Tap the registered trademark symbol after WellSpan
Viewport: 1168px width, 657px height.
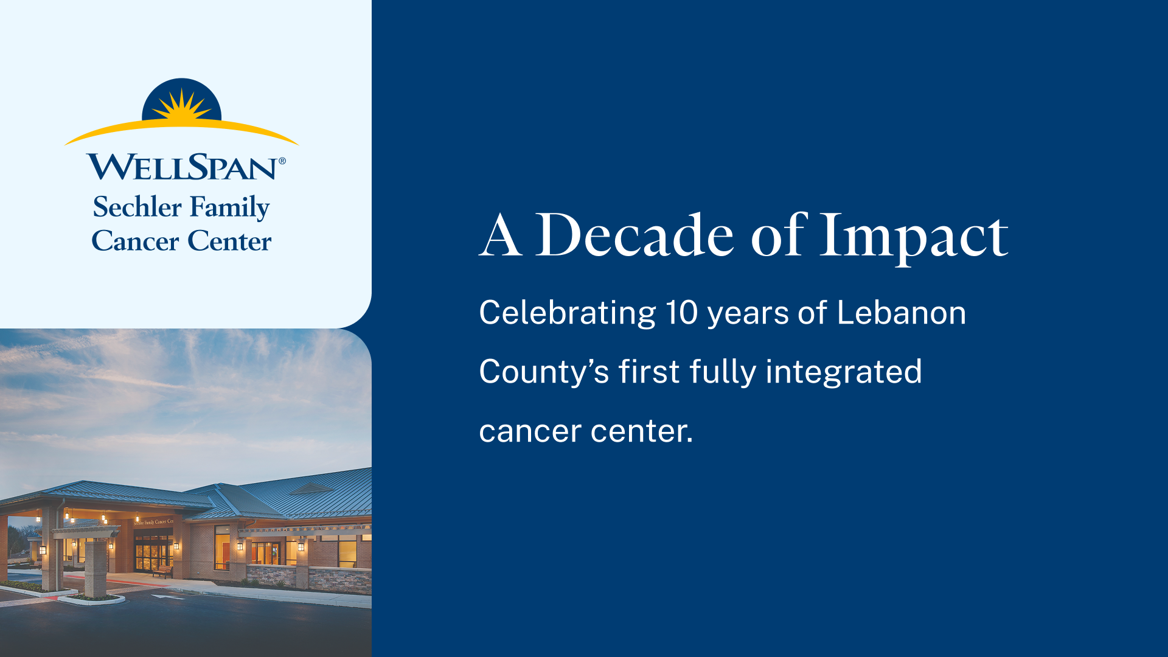(282, 161)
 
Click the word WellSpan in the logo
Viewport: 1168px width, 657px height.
(182, 167)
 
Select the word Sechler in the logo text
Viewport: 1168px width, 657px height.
(137, 207)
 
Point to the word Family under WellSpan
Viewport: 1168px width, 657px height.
(229, 208)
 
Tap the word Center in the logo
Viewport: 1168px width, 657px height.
(229, 241)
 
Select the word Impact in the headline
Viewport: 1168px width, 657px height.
(914, 236)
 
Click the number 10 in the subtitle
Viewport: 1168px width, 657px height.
(681, 313)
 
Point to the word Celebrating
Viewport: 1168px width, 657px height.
(567, 314)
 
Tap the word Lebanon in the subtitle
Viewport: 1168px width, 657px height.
(901, 313)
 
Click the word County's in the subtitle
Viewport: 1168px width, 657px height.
(543, 372)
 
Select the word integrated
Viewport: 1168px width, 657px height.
(843, 372)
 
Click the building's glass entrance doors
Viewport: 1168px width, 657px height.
(152, 557)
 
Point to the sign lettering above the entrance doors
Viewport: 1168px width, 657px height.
(153, 522)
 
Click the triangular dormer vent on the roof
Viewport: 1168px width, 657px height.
(311, 488)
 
